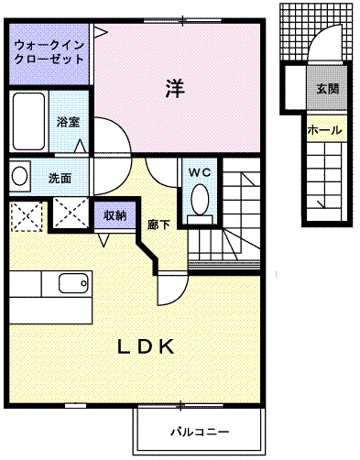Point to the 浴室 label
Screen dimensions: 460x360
(x=68, y=120)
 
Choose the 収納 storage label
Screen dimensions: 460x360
(x=115, y=215)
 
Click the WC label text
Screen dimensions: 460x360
(x=201, y=172)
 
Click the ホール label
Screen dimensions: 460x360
(x=325, y=130)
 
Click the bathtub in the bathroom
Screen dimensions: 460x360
(x=28, y=121)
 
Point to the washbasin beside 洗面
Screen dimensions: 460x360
(x=21, y=173)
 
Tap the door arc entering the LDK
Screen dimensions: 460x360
(x=171, y=289)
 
